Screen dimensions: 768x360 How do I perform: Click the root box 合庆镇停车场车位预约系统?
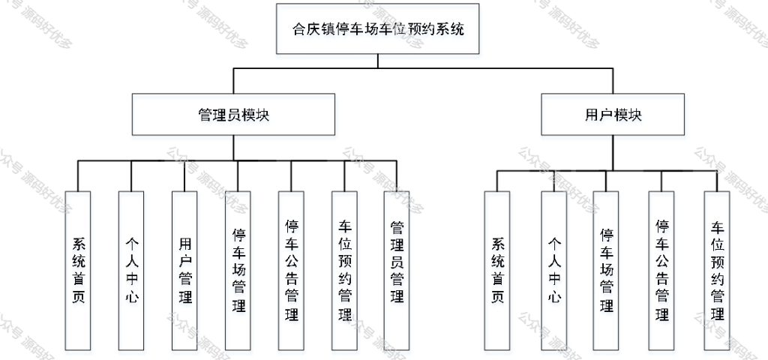[378, 29]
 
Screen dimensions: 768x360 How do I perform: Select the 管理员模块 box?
[234, 115]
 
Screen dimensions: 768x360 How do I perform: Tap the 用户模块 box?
[613, 115]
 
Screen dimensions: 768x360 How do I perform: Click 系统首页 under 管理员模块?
[78, 271]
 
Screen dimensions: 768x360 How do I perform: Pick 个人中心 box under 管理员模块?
[131, 271]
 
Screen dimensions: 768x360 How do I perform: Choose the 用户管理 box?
[184, 271]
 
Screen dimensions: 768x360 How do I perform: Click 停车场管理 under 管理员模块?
[238, 271]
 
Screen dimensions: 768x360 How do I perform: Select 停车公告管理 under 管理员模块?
[291, 271]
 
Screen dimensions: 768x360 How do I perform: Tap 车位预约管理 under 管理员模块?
[344, 271]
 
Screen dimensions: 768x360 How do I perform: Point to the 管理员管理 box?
[397, 271]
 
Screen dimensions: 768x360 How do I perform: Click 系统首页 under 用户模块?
[497, 271]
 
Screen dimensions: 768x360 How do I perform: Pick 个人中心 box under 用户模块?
[554, 271]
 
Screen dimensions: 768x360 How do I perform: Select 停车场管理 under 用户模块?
[606, 271]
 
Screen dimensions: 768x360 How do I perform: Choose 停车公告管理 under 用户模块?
[661, 271]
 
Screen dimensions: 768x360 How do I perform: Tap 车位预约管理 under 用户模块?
[717, 271]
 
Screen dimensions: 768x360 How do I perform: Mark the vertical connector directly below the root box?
[378, 61]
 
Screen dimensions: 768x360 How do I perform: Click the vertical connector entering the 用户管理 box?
[184, 175]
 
